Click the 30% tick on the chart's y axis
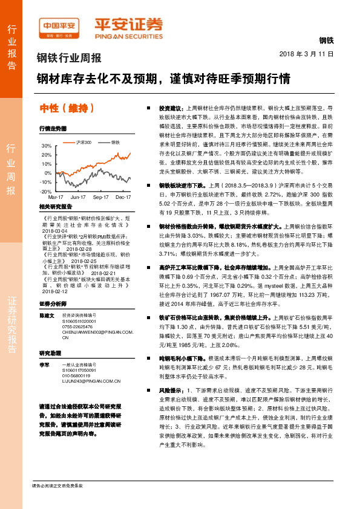pyautogui.click(x=47, y=146)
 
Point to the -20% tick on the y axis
pyautogui.click(x=46, y=191)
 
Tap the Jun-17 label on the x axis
pyautogui.click(x=78, y=197)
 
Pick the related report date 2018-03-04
pyautogui.click(x=57, y=230)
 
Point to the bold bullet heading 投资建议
pyautogui.click(x=169, y=105)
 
